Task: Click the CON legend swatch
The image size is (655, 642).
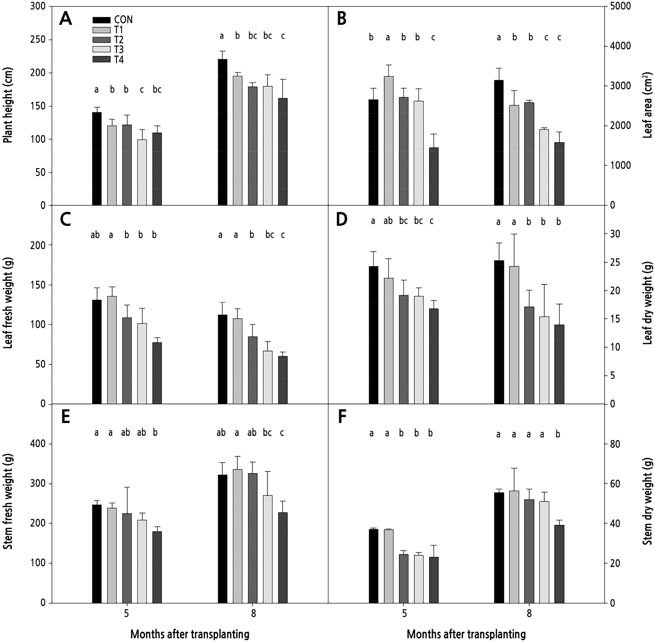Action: click(101, 20)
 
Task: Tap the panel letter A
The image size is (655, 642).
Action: click(65, 19)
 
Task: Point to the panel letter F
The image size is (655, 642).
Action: click(342, 417)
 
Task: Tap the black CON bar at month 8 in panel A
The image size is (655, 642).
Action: click(222, 132)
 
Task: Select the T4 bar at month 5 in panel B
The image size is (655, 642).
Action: click(434, 176)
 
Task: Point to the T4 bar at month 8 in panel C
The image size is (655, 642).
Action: click(283, 380)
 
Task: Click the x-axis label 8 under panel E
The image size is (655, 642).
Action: click(254, 614)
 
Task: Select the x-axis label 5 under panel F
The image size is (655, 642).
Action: click(404, 614)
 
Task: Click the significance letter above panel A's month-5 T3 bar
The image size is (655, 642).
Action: click(142, 90)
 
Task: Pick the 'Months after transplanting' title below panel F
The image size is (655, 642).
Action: click(466, 634)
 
